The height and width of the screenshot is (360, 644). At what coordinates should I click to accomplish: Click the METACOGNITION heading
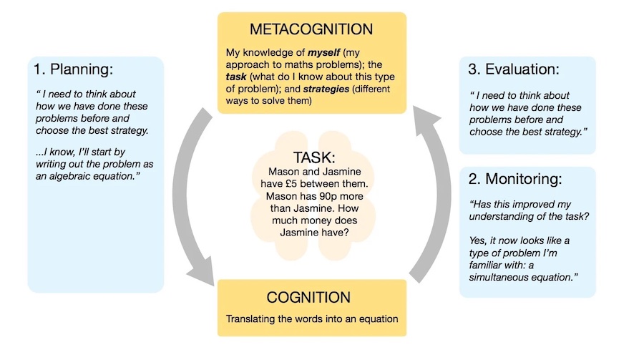coord(311,30)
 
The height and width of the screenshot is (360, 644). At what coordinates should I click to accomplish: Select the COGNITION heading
coord(311,297)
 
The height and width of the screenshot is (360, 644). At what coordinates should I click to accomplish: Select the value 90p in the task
coord(336,197)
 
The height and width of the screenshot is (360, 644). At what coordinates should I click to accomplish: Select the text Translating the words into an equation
coord(311,319)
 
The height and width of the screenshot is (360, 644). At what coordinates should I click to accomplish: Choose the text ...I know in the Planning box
coord(52,152)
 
